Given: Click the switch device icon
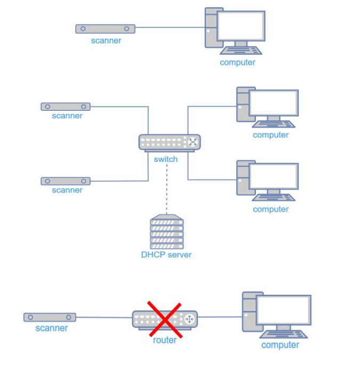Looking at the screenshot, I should coord(170,142).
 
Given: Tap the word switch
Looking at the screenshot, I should coord(166,159).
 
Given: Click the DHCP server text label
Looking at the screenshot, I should coord(166,255).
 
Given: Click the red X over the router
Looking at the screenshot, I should coord(165,319).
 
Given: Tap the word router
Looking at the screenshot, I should coord(165,340).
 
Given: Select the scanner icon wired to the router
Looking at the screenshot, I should coord(50,317).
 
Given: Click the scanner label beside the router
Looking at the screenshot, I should coord(52,328).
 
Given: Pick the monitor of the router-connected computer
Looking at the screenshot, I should coord(283,310).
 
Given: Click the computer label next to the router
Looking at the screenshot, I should coord(281,345).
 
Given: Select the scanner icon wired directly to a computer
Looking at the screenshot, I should coord(105,29).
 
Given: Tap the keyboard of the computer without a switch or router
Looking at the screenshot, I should coord(241,51).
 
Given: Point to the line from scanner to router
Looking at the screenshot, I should coord(104,318).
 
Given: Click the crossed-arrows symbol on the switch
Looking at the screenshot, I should coord(193,142).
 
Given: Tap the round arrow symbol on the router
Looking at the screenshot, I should coord(189,319).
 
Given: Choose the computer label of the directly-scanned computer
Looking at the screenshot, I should coord(238,62).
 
